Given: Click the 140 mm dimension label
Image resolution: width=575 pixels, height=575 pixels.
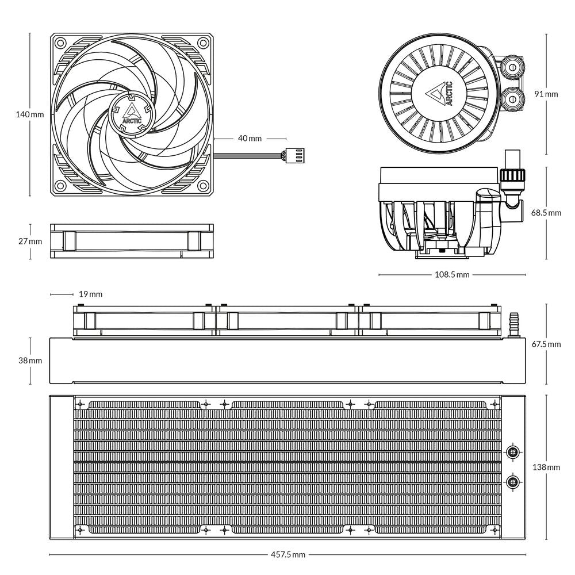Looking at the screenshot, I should [29, 114].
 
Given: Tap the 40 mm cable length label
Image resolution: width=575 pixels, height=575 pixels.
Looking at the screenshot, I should [250, 139].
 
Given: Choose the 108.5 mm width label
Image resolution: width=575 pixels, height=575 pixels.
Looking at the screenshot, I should [451, 275].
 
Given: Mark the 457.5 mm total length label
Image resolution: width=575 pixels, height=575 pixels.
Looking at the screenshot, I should [287, 555].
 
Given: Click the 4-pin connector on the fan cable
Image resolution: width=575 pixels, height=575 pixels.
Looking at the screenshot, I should [289, 154].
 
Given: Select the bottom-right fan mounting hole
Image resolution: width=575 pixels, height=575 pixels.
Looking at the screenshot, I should [203, 186].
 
